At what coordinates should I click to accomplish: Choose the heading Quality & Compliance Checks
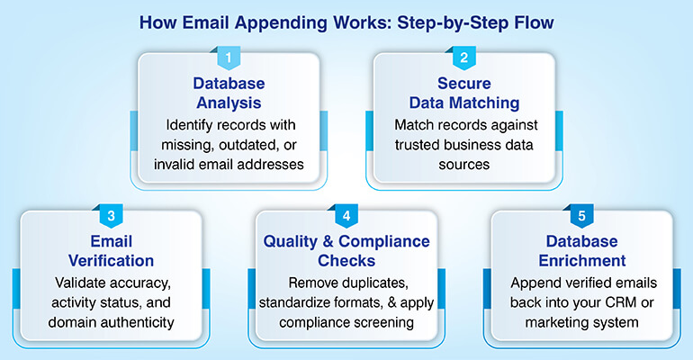pyautogui.click(x=346, y=252)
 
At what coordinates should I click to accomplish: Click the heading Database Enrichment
pyautogui.click(x=581, y=252)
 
